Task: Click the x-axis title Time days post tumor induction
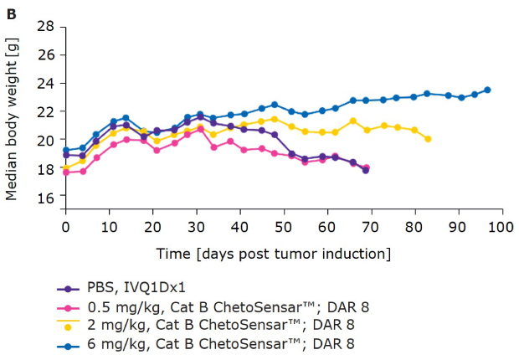pyautogui.click(x=273, y=252)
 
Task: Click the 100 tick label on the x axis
pyautogui.click(x=502, y=226)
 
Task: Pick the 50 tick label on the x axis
pyautogui.click(x=284, y=226)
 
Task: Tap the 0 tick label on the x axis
pyautogui.click(x=66, y=226)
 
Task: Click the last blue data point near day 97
pyautogui.click(x=487, y=90)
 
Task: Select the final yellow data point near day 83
pyautogui.click(x=428, y=139)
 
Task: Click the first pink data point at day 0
pyautogui.click(x=66, y=172)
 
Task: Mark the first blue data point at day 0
pyautogui.click(x=66, y=150)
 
